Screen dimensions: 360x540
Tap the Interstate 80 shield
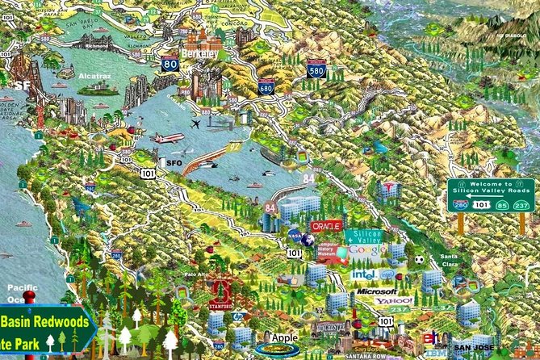[170, 64]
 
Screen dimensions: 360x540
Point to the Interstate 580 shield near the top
[316, 69]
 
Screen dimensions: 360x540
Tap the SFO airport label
[173, 163]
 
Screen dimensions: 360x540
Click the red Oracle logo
[327, 227]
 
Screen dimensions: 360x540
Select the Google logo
[366, 251]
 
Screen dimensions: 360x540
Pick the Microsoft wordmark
[376, 291]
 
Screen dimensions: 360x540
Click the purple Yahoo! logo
[393, 301]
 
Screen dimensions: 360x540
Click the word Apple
[285, 337]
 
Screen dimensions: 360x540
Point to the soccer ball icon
[419, 260]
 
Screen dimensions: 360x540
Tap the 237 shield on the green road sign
[521, 205]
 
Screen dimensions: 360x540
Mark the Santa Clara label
[450, 261]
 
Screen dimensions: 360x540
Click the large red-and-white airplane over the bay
[169, 138]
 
